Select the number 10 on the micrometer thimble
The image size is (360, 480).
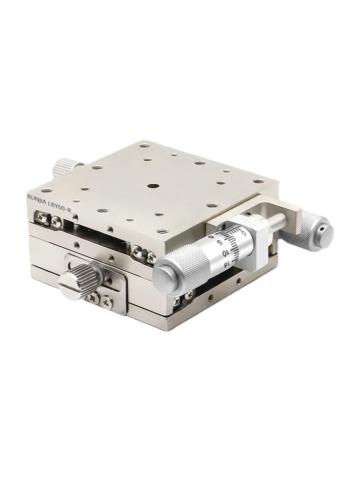click(226, 252)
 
